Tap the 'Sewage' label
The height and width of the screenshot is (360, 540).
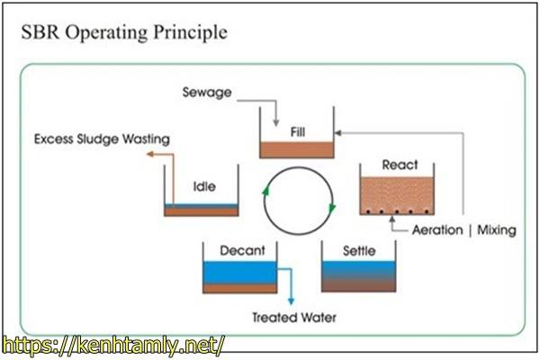pos(206,92)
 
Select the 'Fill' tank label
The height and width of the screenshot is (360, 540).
pos(298,131)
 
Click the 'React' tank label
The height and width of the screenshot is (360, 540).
pos(400,165)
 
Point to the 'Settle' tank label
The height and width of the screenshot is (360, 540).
pos(359,250)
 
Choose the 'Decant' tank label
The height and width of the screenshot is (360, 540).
pos(241,250)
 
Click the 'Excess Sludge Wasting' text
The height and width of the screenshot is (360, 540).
pos(102,139)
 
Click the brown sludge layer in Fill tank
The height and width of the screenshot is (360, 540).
pos(298,149)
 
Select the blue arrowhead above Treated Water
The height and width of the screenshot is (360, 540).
pos(290,302)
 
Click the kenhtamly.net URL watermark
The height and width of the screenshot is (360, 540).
pos(112,344)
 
